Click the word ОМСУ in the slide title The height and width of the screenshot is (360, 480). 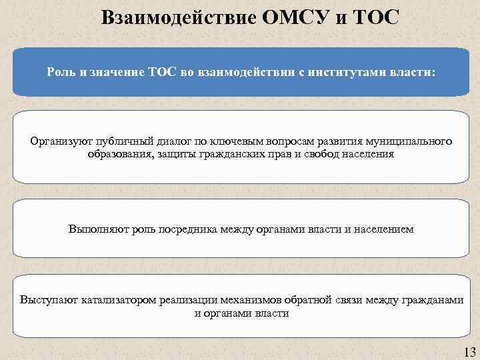click(297, 16)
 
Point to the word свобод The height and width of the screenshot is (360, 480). click(315, 153)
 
